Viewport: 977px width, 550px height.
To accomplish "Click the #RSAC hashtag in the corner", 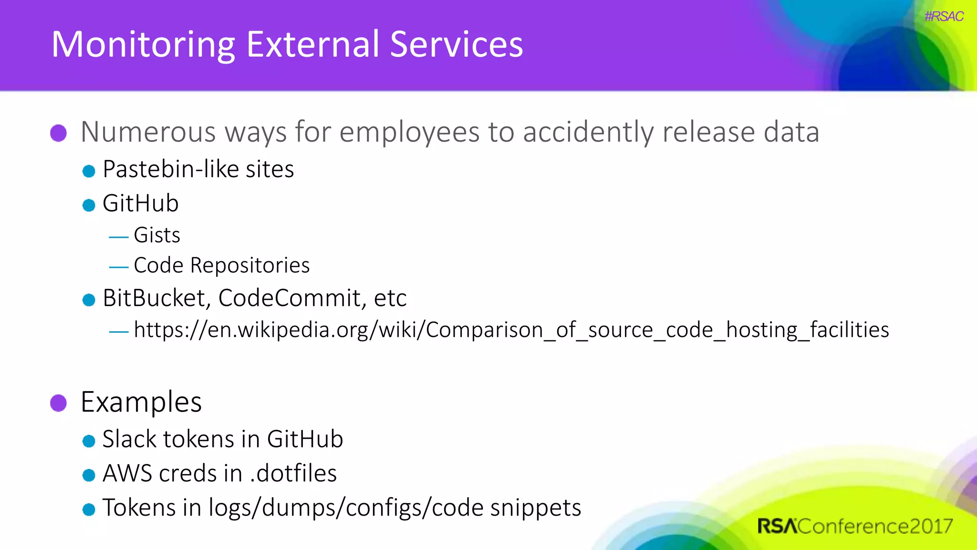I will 944,16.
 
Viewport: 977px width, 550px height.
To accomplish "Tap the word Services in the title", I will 456,44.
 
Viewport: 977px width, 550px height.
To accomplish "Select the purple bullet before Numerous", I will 59,133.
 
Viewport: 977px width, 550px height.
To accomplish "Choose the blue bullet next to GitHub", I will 89,205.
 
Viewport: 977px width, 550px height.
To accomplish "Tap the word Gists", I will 157,235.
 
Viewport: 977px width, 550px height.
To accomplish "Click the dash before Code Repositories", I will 118,267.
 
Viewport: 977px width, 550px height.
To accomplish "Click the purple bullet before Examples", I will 59,402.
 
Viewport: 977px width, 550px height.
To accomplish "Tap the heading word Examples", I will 141,402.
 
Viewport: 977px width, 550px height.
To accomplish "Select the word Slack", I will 129,439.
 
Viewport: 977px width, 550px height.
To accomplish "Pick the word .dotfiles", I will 293,474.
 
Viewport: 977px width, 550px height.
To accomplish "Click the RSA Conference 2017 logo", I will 854,526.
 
